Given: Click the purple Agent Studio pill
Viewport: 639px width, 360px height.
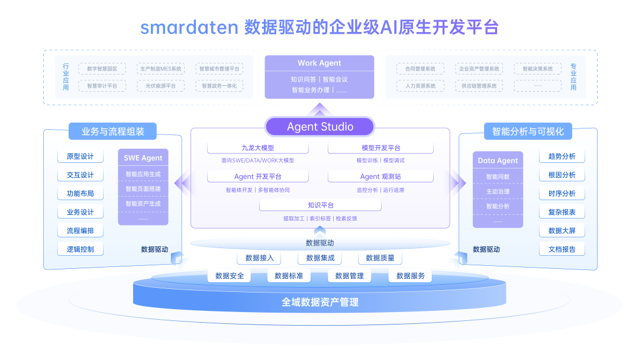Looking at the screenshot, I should [x=319, y=127].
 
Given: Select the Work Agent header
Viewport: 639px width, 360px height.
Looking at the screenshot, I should [x=319, y=63].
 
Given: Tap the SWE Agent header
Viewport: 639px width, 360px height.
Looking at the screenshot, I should [x=143, y=158].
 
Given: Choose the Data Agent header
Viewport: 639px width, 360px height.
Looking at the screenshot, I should [x=498, y=160].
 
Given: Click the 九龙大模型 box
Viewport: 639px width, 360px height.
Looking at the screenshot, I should [x=257, y=148].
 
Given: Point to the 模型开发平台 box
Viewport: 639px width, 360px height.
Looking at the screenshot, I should [x=380, y=148].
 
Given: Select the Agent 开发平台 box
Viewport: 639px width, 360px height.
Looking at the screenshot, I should [x=257, y=176].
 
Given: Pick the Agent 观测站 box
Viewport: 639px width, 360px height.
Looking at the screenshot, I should [x=380, y=176].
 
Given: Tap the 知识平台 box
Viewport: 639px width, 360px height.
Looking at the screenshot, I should [x=320, y=205].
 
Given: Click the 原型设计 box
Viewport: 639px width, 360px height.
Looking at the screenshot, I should [x=80, y=157].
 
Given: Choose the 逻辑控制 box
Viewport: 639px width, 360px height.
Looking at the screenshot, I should [x=80, y=249].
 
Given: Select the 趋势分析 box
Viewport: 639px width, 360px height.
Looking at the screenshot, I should [x=561, y=157].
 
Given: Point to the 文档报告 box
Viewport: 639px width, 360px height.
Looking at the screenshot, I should [x=561, y=249].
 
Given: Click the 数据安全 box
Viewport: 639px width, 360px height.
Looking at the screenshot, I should [x=230, y=276].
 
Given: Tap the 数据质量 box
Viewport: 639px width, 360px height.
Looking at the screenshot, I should [x=380, y=258].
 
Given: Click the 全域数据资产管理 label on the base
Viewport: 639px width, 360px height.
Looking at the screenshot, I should [x=319, y=303].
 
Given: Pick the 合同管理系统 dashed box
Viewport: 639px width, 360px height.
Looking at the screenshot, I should [x=420, y=69].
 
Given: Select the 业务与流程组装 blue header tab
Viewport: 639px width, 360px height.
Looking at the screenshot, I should [x=112, y=131].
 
